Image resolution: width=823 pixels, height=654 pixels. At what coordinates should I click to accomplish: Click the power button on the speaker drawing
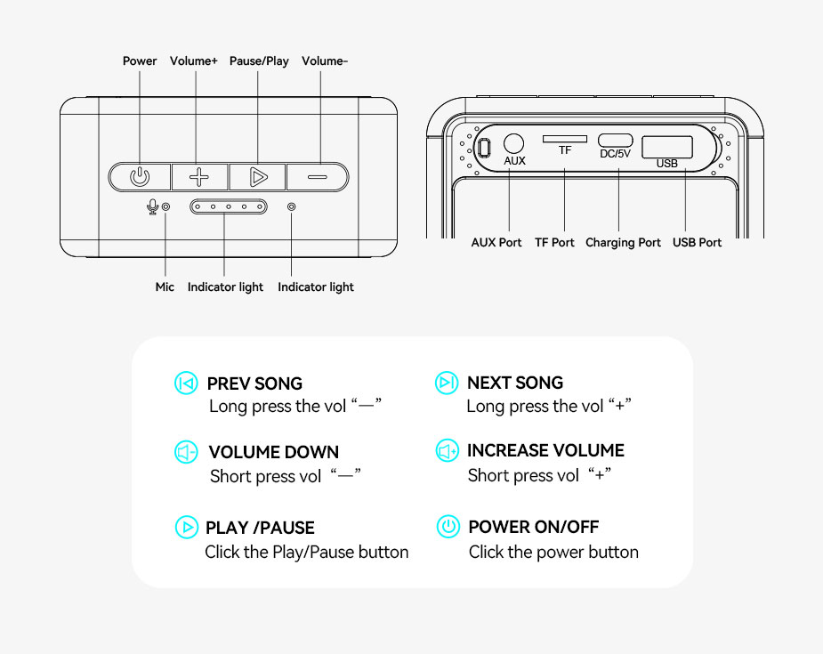click(140, 176)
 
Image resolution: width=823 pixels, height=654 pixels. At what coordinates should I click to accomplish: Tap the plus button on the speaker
click(199, 176)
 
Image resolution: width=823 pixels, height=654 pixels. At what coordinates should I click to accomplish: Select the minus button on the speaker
click(318, 176)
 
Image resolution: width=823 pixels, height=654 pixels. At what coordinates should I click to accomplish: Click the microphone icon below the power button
click(152, 206)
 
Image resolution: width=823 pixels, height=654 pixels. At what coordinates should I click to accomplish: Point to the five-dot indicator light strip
click(228, 206)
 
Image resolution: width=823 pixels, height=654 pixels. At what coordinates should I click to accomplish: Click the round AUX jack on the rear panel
click(513, 142)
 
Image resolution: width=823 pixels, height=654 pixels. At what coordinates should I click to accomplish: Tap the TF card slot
click(565, 139)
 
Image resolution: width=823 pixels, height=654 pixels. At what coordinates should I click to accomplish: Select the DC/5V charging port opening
click(615, 140)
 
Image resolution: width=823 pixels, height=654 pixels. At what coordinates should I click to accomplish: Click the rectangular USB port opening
click(667, 145)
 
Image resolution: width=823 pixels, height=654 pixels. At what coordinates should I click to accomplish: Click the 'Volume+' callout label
click(194, 61)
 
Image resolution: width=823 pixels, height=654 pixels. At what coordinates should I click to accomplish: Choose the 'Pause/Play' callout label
click(259, 61)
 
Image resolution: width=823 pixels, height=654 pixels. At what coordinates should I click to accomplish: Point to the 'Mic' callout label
click(165, 287)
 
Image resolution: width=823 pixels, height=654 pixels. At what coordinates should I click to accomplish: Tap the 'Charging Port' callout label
click(623, 243)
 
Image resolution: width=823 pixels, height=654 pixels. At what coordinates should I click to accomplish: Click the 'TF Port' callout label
click(554, 243)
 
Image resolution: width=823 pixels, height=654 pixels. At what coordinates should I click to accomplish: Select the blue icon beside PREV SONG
click(186, 384)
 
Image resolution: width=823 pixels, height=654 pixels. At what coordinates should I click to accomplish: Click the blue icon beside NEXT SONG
click(447, 383)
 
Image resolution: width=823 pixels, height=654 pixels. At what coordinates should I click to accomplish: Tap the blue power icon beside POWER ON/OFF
click(448, 527)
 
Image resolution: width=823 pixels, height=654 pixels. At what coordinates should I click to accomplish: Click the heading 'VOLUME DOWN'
click(273, 452)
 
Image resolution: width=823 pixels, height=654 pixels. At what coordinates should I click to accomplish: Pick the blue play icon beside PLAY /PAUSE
click(186, 527)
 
